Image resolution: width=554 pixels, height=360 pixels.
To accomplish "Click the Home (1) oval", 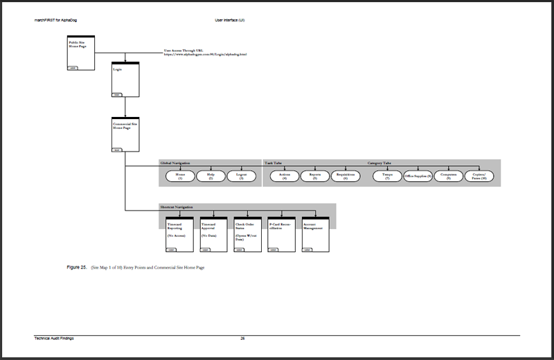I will pyautogui.click(x=179, y=176).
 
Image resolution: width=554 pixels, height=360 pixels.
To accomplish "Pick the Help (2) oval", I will pyautogui.click(x=211, y=176).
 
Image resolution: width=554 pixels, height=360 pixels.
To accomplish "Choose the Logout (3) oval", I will pyautogui.click(x=242, y=176).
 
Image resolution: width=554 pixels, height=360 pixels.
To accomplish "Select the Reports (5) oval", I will pyautogui.click(x=315, y=176).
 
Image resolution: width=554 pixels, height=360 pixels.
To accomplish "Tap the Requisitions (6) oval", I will pyautogui.click(x=346, y=176).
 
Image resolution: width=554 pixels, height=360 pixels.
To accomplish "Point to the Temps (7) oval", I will pyautogui.click(x=387, y=176).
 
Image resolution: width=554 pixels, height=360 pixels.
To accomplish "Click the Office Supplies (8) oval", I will pyautogui.click(x=418, y=176).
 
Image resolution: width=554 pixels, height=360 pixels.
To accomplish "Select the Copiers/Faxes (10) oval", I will pyautogui.click(x=480, y=176).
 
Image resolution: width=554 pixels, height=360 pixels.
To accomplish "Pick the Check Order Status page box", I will pyautogui.click(x=247, y=231).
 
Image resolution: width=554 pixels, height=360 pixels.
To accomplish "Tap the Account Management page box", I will pyautogui.click(x=315, y=231).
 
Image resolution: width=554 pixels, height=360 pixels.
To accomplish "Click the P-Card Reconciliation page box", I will pyautogui.click(x=281, y=231).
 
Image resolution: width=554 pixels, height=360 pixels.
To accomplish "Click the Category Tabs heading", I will pyautogui.click(x=379, y=163).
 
